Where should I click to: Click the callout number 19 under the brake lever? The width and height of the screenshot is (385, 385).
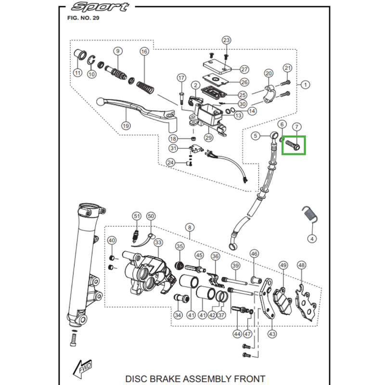coord(126,126)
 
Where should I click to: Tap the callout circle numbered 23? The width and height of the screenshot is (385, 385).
coord(226,40)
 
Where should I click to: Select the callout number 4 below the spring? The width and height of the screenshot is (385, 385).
coord(312,239)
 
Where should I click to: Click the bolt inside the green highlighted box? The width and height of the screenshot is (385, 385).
coord(292,144)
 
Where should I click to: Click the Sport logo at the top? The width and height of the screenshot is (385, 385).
coord(100,7)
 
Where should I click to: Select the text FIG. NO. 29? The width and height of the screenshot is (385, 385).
coord(83,18)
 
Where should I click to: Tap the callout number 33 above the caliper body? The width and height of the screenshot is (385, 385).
coord(158,243)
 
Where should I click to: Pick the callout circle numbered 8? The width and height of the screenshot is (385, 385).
coord(190,228)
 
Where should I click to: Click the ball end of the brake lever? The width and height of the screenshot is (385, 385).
coord(100,102)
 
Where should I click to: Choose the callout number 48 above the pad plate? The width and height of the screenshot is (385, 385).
coord(302,265)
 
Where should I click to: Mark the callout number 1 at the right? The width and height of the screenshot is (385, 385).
coord(305,85)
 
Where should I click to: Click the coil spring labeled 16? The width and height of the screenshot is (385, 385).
coord(145,88)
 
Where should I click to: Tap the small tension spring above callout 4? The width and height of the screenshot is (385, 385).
coord(309,214)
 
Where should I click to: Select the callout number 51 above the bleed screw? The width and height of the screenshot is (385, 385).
coord(137,216)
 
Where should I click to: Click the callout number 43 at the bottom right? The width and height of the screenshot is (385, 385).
coord(272,334)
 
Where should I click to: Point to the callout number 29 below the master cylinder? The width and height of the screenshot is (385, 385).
coord(208,138)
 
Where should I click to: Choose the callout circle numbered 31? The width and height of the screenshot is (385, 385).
coord(173,148)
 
